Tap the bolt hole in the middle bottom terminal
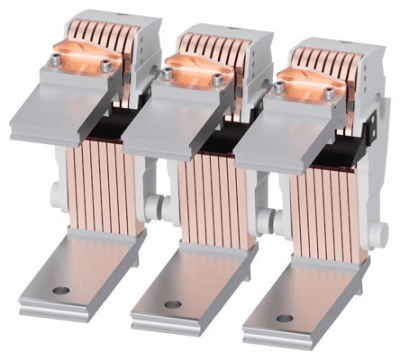click(x=173, y=304)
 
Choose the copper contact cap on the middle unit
click(x=192, y=67)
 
